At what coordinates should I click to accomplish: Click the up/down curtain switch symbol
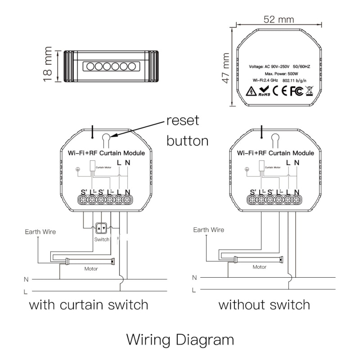pyautogui.click(x=102, y=229)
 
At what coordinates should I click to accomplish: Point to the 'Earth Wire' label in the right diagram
pyautogui.click(x=208, y=229)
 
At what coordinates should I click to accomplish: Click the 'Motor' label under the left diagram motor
pyautogui.click(x=91, y=269)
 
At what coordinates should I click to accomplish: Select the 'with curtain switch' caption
pyautogui.click(x=89, y=305)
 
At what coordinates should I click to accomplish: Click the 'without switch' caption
pyautogui.click(x=264, y=305)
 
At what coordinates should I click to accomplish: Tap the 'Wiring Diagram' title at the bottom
pyautogui.click(x=180, y=339)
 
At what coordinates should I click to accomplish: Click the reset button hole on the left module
pyautogui.click(x=106, y=138)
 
